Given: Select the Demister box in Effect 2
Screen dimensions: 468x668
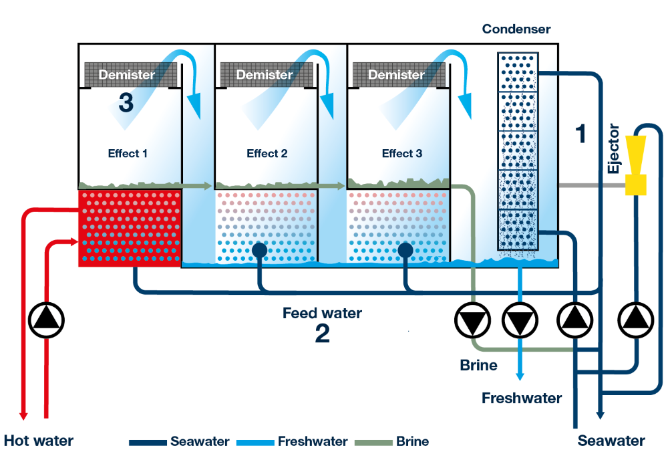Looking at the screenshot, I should coord(265,75).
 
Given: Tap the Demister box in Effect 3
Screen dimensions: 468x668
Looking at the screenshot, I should coord(397,75).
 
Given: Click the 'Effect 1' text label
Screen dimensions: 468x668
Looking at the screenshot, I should coord(128,153).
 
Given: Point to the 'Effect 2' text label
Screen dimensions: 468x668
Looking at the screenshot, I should coord(267,153).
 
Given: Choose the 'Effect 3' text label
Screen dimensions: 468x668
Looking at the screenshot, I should coord(402,153).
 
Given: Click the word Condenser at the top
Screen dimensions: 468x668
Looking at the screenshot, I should coord(516,29).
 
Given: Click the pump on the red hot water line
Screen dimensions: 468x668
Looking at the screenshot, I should coord(47,322).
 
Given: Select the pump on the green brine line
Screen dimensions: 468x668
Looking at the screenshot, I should coord(473,322).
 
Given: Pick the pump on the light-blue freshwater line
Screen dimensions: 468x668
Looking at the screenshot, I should coord(520,322).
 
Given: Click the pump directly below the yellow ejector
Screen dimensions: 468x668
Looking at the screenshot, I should coord(635,322).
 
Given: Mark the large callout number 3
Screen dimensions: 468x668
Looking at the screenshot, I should coord(126,103).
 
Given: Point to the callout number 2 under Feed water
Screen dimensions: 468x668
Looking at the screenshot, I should coord(323,334).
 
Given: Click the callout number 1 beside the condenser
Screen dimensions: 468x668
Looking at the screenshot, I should coord(580,134).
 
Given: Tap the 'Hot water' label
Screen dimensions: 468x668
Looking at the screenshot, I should coord(38,441).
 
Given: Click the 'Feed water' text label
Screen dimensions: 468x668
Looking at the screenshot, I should coord(323,313).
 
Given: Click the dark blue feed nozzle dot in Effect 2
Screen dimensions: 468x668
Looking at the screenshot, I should coord(260,250).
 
